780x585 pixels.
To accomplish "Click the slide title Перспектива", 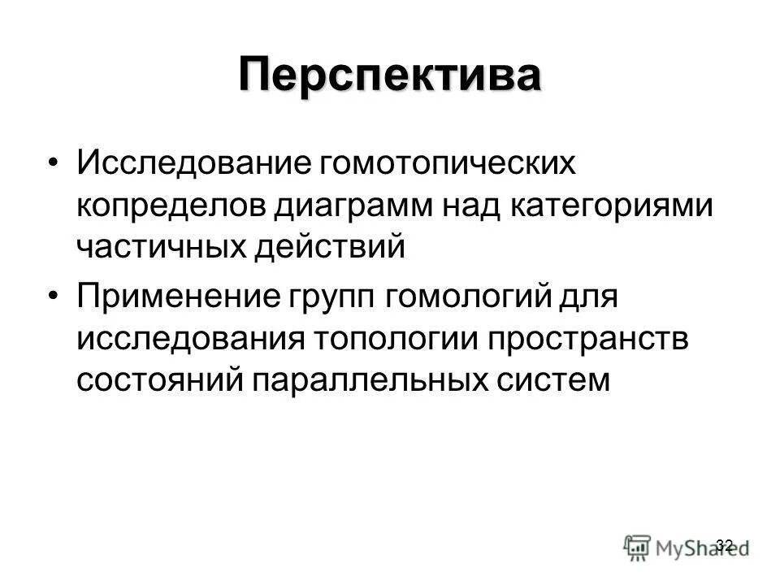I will (389, 76).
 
